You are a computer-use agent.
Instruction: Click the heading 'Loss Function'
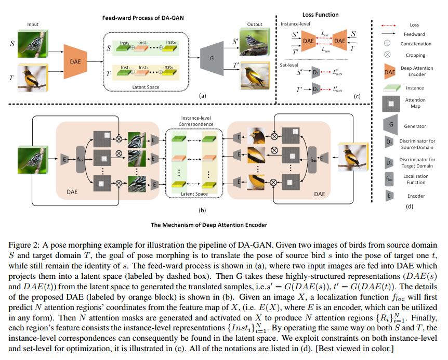click(x=320, y=15)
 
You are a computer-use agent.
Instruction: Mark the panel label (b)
click(x=202, y=211)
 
